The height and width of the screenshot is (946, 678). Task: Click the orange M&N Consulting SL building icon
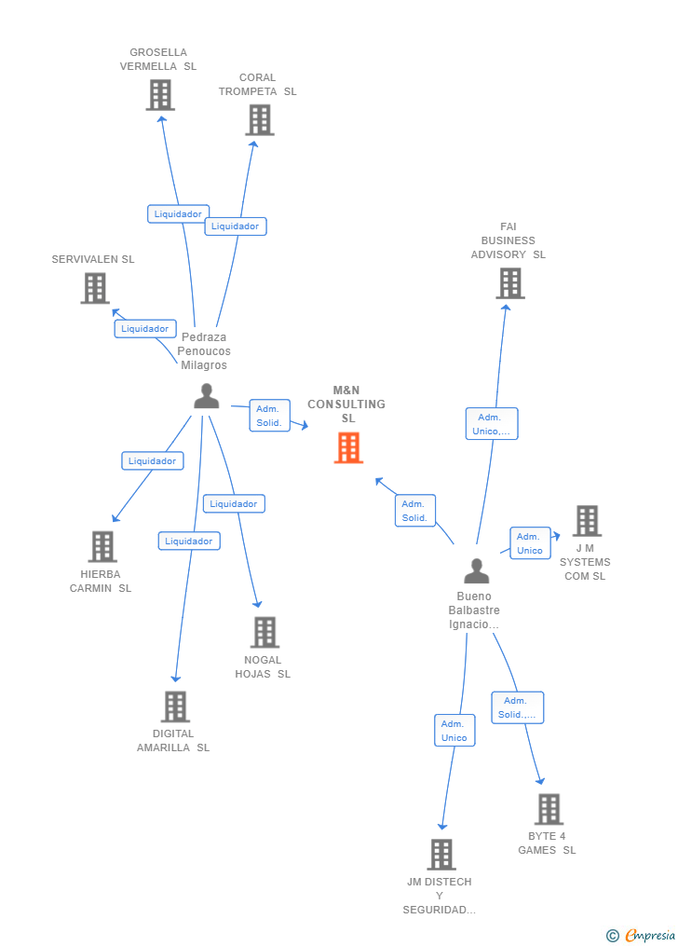[348, 448]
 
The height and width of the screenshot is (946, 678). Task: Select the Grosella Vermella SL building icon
[160, 94]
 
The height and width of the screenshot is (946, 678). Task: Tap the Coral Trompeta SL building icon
[260, 119]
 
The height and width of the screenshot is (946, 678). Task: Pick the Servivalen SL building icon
[95, 288]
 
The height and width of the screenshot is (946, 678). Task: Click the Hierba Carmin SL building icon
[102, 546]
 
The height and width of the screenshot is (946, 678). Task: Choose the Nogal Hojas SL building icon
[264, 632]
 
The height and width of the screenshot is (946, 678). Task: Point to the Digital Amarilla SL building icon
[175, 706]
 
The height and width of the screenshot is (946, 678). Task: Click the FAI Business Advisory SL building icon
[509, 283]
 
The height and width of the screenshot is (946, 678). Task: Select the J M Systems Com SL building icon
[587, 521]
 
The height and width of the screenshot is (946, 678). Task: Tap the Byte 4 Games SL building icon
[549, 809]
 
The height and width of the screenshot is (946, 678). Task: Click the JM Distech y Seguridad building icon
[441, 854]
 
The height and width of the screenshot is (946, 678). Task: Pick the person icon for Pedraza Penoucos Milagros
[206, 396]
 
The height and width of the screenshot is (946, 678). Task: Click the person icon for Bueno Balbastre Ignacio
[476, 570]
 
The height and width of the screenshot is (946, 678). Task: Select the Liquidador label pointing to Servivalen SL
[145, 328]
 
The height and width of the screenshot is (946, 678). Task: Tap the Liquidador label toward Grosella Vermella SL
[178, 213]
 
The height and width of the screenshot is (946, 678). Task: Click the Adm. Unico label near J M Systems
[530, 542]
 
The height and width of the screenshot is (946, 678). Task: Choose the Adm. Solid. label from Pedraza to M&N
[268, 416]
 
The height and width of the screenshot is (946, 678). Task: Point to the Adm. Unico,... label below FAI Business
[492, 424]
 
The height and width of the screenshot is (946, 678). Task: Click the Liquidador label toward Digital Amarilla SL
[189, 541]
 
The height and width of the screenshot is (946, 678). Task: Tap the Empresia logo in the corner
[642, 935]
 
